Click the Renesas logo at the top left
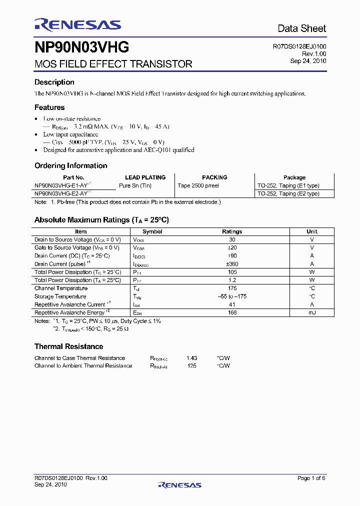(77, 24)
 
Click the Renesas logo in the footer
(179, 484)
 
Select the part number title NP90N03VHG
(82, 47)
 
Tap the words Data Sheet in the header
(301, 28)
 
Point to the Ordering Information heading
(70, 165)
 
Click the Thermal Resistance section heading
(68, 346)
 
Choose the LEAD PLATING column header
(145, 177)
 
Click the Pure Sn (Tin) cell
(135, 185)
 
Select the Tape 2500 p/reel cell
(198, 185)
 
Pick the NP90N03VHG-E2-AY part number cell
(61, 193)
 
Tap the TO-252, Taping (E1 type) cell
(288, 185)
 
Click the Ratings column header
(232, 231)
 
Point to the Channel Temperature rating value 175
(232, 288)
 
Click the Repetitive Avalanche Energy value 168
(232, 312)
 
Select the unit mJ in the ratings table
(312, 312)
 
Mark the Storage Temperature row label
(60, 296)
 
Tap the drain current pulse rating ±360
(232, 264)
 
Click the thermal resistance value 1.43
(191, 358)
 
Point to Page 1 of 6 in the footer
(311, 478)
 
